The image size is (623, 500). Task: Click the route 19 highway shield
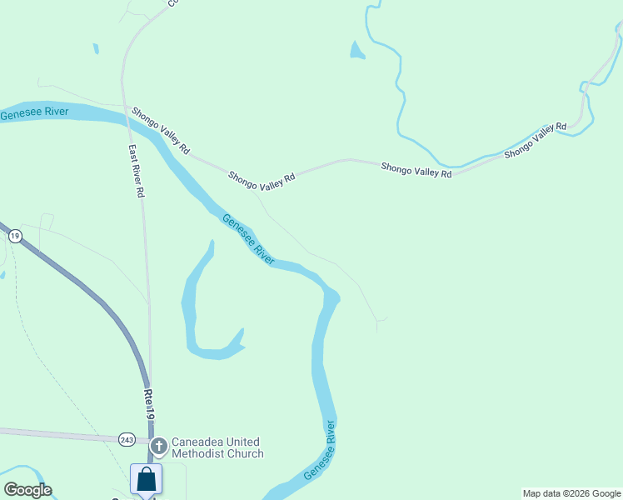click(x=15, y=237)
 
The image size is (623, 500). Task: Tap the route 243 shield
click(x=127, y=439)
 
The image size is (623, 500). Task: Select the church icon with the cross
click(x=159, y=447)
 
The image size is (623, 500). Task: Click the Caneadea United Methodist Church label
click(x=217, y=447)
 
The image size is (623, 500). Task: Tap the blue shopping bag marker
click(x=146, y=479)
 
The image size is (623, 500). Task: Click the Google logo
click(x=27, y=490)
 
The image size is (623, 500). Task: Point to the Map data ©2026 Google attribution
click(x=572, y=493)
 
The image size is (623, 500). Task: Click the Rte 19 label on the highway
click(x=148, y=406)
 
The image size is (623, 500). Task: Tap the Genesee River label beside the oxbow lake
click(x=248, y=239)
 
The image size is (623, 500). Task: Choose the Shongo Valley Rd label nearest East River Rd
click(x=160, y=130)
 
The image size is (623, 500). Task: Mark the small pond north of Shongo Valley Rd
click(x=356, y=52)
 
